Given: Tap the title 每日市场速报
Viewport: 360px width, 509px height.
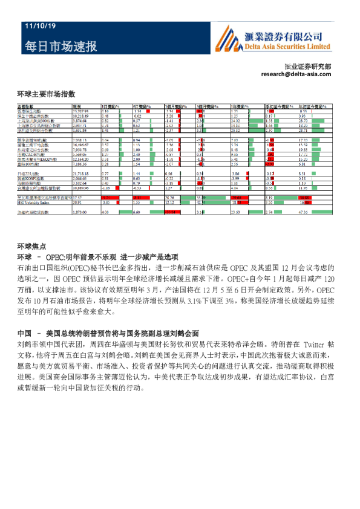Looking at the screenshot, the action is tap(60, 47).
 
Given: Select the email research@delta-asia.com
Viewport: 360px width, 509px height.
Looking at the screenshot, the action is tap(296, 74).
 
